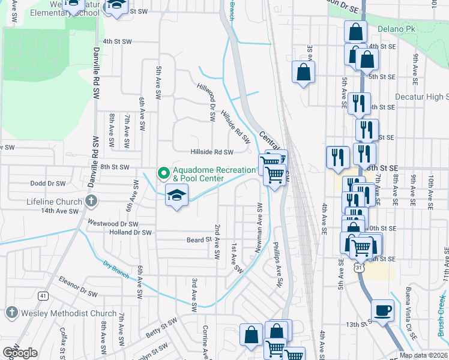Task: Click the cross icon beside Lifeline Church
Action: click(91, 201)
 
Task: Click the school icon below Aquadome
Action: click(176, 195)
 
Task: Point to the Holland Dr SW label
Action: click(130, 232)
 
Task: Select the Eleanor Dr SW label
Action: click(77, 286)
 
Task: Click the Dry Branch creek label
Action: click(115, 270)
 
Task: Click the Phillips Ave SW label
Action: click(277, 265)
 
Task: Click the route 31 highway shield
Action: click(359, 269)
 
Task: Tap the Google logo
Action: click(20, 353)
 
